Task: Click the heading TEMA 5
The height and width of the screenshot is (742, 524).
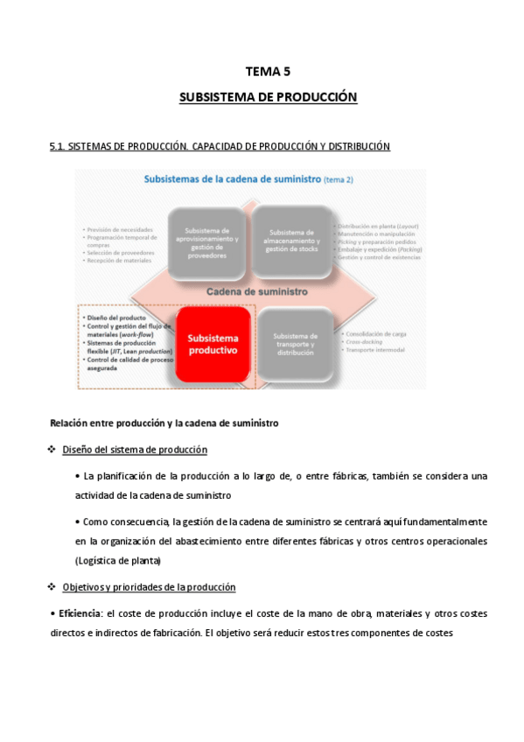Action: coord(268,72)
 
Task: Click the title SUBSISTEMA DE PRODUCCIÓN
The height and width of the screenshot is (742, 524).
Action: coord(268,97)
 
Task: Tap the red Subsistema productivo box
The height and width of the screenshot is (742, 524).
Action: coord(213,343)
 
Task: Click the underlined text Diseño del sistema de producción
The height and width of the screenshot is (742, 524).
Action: coord(134,450)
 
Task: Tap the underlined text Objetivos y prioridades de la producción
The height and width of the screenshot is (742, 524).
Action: coord(149,586)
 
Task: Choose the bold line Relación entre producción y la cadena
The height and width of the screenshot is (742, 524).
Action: coord(164,423)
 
